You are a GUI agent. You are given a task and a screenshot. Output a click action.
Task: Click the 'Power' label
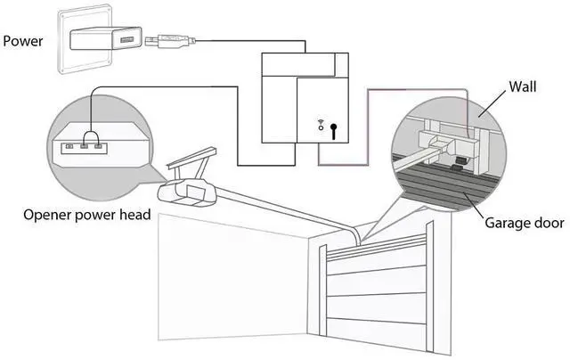(x=22, y=41)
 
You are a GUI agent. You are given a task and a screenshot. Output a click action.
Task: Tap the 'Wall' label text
(x=523, y=86)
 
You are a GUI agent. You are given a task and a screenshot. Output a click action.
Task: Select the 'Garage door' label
(x=525, y=223)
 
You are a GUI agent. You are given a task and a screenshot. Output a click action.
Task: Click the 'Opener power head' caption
(x=87, y=215)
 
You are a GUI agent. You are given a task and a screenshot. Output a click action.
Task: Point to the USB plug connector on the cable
(x=170, y=40)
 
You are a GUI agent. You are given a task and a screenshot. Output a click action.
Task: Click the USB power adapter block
(x=105, y=38)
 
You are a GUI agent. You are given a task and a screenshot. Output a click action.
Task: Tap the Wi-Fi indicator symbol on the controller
(x=321, y=125)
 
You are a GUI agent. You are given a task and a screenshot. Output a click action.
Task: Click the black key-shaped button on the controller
(x=333, y=131)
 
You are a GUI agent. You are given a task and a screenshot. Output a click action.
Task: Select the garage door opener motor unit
(x=186, y=192)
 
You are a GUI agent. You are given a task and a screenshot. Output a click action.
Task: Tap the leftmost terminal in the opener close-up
(x=69, y=146)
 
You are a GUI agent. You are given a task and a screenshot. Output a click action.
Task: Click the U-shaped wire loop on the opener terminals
(x=91, y=138)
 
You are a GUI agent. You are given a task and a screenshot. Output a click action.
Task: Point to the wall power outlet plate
(x=85, y=39)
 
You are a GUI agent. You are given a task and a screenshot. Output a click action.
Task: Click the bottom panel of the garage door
(x=376, y=333)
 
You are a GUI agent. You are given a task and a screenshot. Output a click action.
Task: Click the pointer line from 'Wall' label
(x=492, y=103)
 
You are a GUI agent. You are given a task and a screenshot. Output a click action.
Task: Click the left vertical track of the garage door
(x=322, y=290)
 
